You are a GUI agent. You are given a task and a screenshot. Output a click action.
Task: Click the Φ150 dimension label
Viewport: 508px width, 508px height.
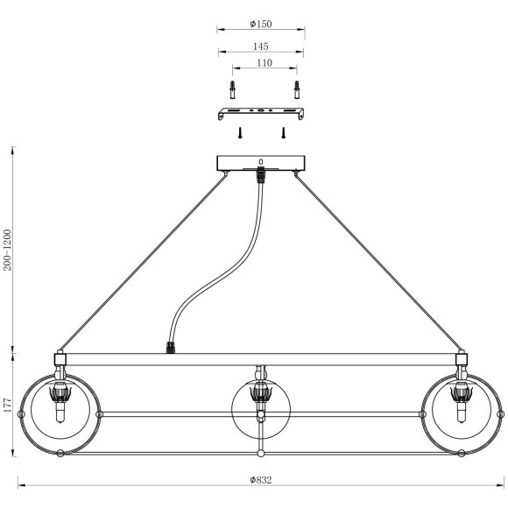click(x=261, y=24)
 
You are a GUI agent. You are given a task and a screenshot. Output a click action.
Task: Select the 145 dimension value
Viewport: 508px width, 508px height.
click(x=261, y=46)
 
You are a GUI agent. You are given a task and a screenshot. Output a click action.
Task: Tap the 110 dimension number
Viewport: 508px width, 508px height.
click(x=265, y=63)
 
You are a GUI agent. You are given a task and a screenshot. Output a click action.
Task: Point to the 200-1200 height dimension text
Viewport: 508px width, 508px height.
click(x=7, y=250)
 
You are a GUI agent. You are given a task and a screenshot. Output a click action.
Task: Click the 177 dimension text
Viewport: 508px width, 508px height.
click(x=7, y=406)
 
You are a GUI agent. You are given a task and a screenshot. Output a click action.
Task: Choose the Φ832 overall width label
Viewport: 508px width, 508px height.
click(x=261, y=480)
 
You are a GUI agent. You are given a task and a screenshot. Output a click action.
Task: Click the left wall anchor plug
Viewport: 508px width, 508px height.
click(x=233, y=89)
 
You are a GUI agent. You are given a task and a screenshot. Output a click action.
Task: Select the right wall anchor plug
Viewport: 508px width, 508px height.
click(x=297, y=89)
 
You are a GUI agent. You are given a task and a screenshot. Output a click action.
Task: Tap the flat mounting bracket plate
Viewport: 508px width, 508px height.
click(x=261, y=113)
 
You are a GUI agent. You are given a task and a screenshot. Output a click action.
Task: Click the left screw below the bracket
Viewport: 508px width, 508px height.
click(x=240, y=133)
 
